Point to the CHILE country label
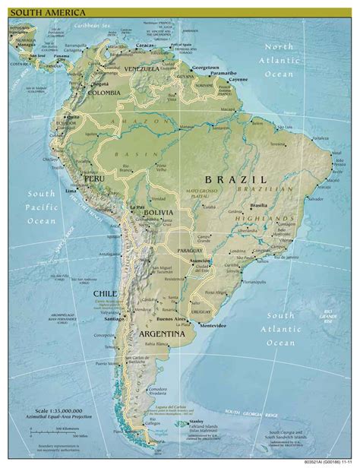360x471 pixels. point(104,291)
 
